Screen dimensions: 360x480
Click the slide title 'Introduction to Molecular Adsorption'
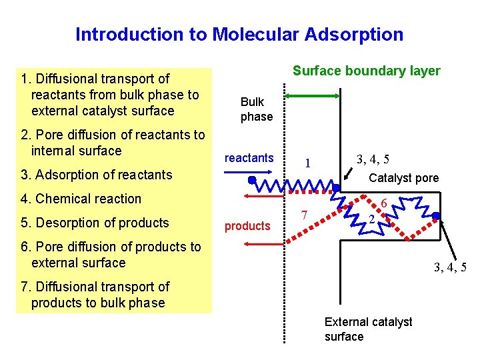239,34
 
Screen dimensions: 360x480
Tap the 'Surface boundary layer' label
366,71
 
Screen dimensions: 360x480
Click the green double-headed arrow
313,96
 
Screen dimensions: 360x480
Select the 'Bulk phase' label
257,109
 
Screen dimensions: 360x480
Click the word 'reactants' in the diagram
249,158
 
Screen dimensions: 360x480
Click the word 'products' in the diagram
247,226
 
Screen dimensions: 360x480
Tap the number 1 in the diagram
307,163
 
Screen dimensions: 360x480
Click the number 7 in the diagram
303,215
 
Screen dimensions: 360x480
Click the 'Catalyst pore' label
404,178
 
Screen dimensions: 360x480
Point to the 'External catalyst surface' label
368,329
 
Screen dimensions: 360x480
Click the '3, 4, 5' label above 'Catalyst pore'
373,159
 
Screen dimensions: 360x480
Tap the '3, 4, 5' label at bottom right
450,268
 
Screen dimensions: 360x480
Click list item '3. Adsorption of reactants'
97,175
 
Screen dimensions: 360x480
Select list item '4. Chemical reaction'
81,199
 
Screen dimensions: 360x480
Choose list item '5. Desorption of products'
95,223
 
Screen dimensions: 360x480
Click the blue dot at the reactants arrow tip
252,180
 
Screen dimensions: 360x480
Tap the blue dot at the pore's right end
436,215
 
